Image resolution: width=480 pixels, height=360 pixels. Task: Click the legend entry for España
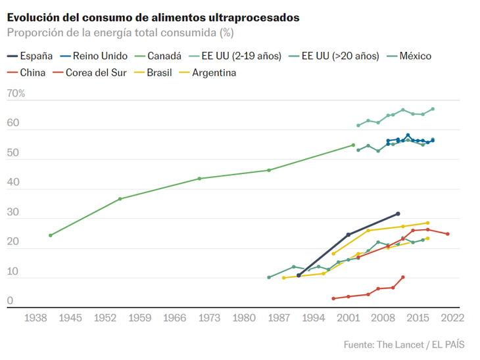32,56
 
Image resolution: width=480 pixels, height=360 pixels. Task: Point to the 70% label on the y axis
16,94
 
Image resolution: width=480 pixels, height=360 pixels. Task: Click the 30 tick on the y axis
13,213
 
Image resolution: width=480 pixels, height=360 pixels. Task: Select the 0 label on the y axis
11,302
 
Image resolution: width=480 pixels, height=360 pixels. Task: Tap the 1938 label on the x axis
36,318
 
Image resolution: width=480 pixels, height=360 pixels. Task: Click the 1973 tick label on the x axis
210,318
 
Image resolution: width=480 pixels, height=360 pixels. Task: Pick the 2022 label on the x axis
453,318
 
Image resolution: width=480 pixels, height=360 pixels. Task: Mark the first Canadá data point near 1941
51,235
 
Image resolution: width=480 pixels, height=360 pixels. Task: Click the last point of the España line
398,214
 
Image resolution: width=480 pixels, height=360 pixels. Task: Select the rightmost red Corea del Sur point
448,234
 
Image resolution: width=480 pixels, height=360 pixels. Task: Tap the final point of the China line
403,277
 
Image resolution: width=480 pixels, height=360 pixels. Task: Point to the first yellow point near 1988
283,278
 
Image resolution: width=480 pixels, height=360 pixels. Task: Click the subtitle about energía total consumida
120,33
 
